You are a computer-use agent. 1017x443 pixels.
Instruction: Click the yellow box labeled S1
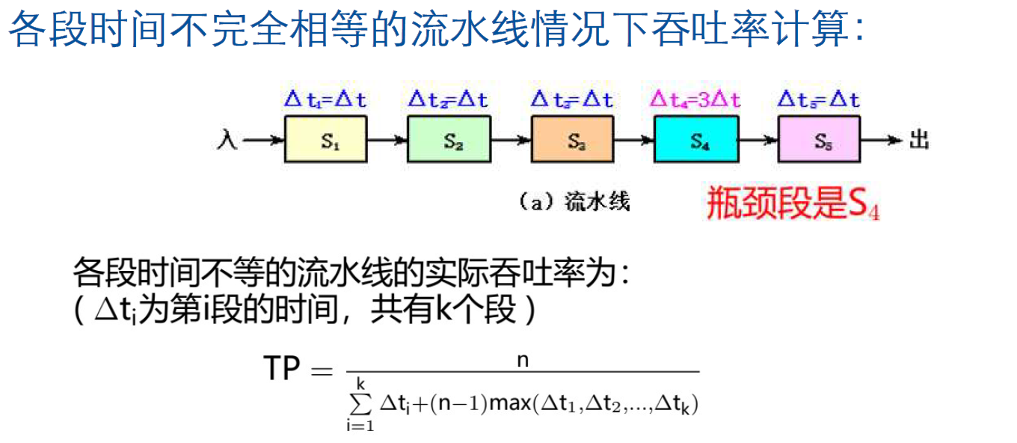click(326, 141)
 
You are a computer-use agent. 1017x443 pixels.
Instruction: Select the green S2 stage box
click(449, 141)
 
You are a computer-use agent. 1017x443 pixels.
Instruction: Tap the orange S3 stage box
click(573, 141)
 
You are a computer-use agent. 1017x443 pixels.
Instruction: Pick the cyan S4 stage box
click(696, 141)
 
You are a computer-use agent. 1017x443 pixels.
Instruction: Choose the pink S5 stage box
click(820, 141)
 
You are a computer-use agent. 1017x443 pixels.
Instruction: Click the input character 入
click(229, 140)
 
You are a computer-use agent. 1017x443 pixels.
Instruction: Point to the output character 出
click(919, 140)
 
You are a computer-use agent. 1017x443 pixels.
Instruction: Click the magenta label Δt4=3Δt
click(695, 99)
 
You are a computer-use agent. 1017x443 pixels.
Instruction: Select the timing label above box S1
click(326, 99)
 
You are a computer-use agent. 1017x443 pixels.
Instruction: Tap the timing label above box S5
click(819, 99)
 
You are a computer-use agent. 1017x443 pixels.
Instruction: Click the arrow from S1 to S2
click(387, 140)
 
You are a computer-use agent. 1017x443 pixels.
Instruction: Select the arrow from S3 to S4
click(634, 140)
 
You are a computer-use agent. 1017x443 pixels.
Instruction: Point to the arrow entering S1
click(263, 140)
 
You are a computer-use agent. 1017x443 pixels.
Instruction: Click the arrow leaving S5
click(882, 140)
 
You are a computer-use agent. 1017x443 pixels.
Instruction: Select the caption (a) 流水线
click(574, 201)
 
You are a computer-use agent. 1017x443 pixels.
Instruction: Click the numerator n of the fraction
click(523, 360)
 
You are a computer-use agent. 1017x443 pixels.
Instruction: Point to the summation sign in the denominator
click(360, 405)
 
